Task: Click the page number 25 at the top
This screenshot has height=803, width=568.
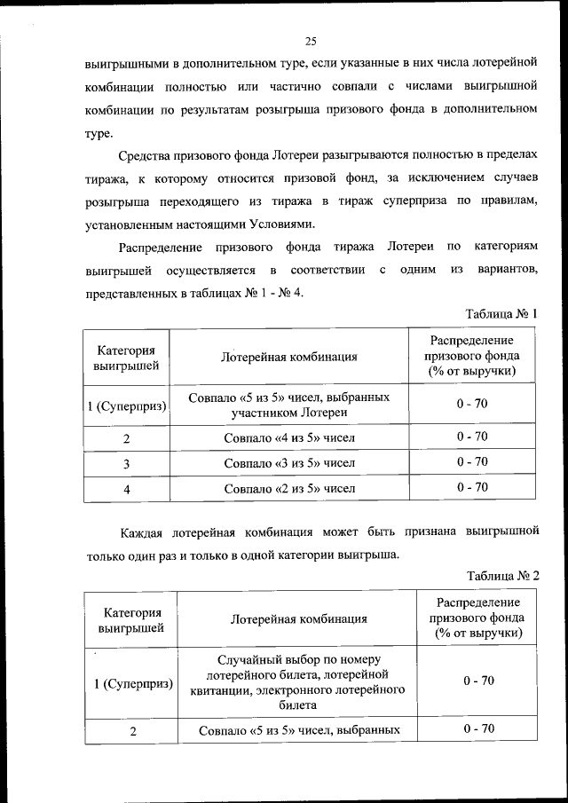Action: pos(311,40)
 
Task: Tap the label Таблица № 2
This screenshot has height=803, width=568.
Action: pos(502,575)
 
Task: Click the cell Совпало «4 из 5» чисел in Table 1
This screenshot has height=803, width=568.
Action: pos(289,437)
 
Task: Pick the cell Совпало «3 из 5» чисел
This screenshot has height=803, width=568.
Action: pos(289,462)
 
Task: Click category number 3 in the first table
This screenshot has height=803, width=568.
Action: pos(127,463)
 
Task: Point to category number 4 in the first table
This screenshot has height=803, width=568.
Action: pos(127,488)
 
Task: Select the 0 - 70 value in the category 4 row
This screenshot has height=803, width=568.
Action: pos(472,487)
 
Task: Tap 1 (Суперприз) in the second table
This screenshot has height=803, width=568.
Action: pos(134,681)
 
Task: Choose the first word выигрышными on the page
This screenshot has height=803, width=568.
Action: pos(125,66)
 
